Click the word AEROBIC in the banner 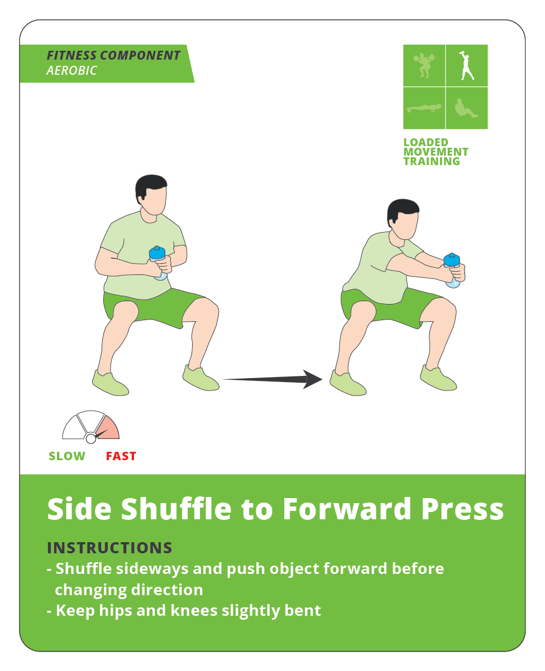(71, 70)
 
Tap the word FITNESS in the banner (71, 55)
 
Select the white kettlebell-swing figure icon (466, 65)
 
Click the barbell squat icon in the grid (424, 65)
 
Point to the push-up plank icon (424, 108)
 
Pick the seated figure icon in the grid (466, 108)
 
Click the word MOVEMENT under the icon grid (436, 152)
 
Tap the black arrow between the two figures (272, 379)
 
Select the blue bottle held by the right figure (452, 270)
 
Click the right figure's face (407, 224)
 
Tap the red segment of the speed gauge (109, 428)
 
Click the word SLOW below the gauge (67, 456)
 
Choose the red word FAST (121, 456)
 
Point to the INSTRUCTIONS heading (109, 548)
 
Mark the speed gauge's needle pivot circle (91, 438)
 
